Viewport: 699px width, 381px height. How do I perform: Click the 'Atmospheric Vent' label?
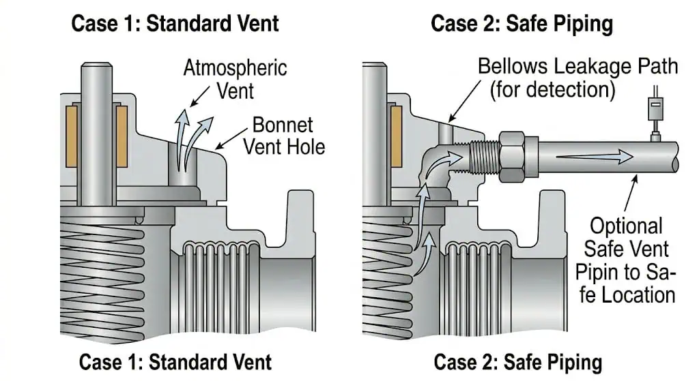click(x=235, y=79)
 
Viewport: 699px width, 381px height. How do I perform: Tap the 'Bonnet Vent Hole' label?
click(x=284, y=136)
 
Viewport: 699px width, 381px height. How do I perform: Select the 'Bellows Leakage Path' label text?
click(x=577, y=66)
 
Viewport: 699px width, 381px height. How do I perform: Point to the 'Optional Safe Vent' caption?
click(x=626, y=237)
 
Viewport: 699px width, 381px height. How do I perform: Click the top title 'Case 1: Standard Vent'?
click(x=175, y=23)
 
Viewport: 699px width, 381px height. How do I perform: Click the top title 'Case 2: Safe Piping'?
click(x=522, y=23)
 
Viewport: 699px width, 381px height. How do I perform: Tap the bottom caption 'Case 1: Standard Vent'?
click(x=175, y=362)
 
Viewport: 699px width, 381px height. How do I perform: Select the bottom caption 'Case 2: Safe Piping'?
click(x=517, y=362)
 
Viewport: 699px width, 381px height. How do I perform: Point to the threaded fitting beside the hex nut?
click(x=485, y=157)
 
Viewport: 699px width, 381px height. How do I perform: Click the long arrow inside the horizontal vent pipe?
click(x=595, y=157)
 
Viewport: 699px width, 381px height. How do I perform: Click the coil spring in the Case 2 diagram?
click(x=387, y=275)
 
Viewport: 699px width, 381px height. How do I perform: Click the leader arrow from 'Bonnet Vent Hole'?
click(x=231, y=139)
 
